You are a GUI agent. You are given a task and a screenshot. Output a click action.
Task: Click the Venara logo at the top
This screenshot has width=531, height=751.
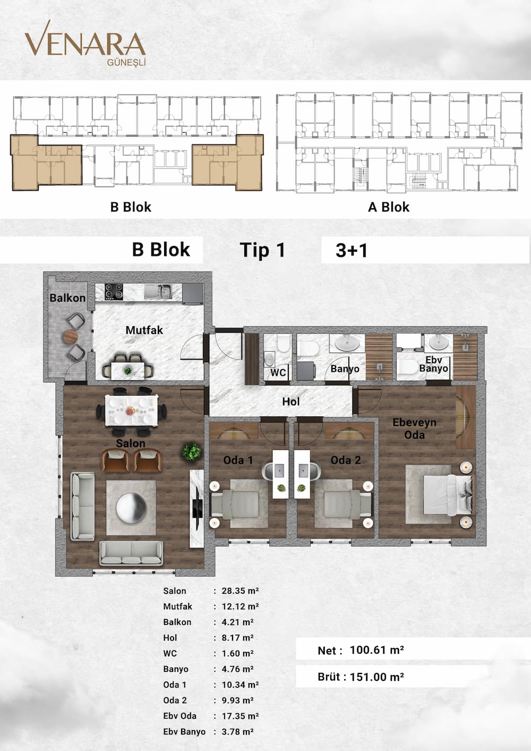85,43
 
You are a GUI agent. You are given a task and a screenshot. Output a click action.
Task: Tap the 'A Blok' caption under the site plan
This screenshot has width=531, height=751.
389,207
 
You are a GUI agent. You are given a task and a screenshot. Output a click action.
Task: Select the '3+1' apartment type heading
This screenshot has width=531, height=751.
352,251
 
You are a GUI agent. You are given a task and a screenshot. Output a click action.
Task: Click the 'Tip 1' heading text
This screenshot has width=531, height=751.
262,250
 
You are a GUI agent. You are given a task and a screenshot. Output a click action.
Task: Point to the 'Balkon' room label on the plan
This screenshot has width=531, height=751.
67,298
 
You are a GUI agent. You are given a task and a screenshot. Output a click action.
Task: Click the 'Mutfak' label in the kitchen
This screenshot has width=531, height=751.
144,330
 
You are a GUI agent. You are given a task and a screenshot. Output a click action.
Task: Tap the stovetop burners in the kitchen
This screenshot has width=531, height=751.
114,292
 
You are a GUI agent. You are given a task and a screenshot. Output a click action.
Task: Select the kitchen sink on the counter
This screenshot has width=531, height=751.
158,292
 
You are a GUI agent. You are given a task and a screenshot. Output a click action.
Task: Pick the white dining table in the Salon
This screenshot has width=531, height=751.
131,411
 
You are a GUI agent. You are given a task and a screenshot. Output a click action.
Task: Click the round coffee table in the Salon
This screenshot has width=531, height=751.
131,508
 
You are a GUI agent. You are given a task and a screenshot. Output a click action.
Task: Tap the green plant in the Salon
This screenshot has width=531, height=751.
192,451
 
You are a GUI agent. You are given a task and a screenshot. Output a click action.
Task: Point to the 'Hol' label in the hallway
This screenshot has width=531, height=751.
290,402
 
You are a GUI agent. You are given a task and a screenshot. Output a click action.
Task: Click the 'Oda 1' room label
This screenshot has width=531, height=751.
238,460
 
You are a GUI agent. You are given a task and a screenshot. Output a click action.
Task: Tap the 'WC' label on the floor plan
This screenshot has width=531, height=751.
278,372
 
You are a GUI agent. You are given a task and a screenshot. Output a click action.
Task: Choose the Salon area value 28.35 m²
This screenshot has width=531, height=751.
240,591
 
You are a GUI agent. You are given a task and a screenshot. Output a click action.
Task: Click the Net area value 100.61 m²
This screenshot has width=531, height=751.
377,651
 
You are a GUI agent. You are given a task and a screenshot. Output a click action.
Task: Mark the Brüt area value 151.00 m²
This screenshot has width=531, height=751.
377,677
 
